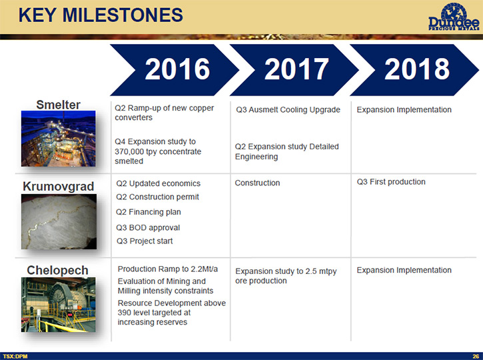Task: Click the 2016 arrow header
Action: click(x=175, y=69)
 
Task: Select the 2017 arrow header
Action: click(x=294, y=69)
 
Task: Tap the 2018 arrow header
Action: click(x=414, y=69)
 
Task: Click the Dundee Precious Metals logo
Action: click(x=454, y=17)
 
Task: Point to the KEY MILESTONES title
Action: click(x=101, y=15)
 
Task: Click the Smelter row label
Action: click(x=58, y=105)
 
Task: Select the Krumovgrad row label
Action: click(x=58, y=187)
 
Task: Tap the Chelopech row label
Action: click(x=57, y=270)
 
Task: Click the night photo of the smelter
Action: click(x=58, y=139)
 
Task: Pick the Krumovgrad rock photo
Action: click(x=59, y=221)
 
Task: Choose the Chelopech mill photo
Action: click(x=58, y=305)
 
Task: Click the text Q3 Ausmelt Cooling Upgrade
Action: click(x=288, y=110)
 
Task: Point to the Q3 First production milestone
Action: click(x=391, y=182)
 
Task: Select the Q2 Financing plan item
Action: click(x=149, y=212)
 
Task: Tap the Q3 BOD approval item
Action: click(x=148, y=228)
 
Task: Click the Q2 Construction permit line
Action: click(x=157, y=197)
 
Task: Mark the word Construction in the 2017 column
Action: click(x=257, y=183)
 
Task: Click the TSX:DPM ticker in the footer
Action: click(x=15, y=356)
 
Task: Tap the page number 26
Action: click(x=476, y=356)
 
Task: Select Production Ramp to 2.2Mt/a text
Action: click(x=168, y=269)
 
